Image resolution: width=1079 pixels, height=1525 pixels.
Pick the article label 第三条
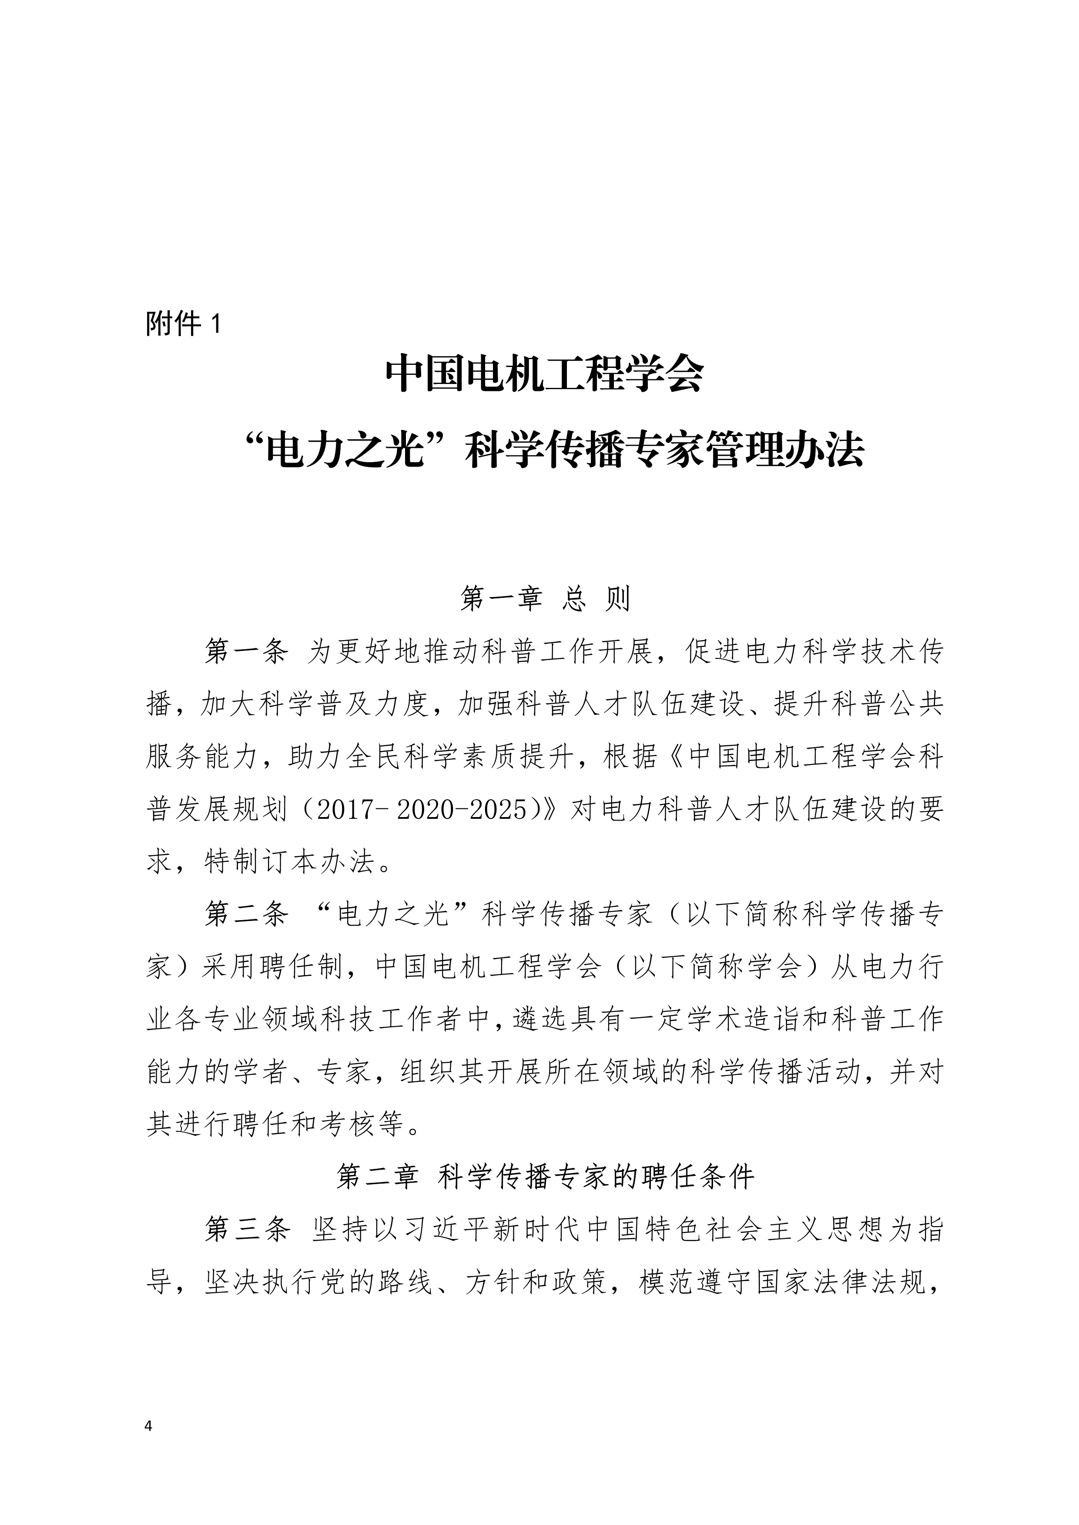click(x=246, y=1230)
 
